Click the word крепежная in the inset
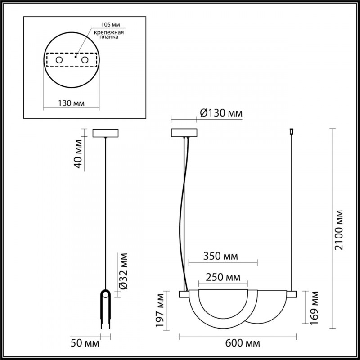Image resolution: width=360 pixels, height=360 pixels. pos(110,32)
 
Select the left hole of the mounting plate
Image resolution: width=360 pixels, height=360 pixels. pos(59,59)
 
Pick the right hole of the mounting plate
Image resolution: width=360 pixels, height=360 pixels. pos(84,59)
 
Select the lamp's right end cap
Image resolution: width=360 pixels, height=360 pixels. pos(292,294)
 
